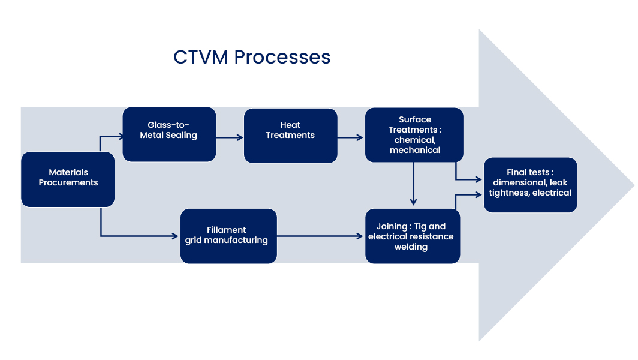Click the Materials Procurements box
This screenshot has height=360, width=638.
click(x=68, y=179)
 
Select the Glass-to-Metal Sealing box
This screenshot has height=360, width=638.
click(x=169, y=134)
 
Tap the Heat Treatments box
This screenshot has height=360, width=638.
click(x=290, y=136)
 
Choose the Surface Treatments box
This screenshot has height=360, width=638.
click(x=414, y=135)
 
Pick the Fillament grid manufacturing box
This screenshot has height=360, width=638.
click(x=228, y=236)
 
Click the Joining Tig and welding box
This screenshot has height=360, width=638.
click(x=413, y=236)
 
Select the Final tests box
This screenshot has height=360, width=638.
click(x=530, y=185)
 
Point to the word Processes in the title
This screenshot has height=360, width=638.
click(x=282, y=57)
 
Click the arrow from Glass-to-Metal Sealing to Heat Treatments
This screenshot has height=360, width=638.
click(x=230, y=137)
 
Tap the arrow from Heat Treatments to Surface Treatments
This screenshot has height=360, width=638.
click(x=351, y=137)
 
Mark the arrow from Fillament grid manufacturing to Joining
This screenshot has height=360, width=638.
click(x=321, y=236)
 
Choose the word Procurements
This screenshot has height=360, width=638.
click(x=68, y=183)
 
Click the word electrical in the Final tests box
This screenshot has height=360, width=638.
click(x=552, y=193)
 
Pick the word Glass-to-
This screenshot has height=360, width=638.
click(x=168, y=125)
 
